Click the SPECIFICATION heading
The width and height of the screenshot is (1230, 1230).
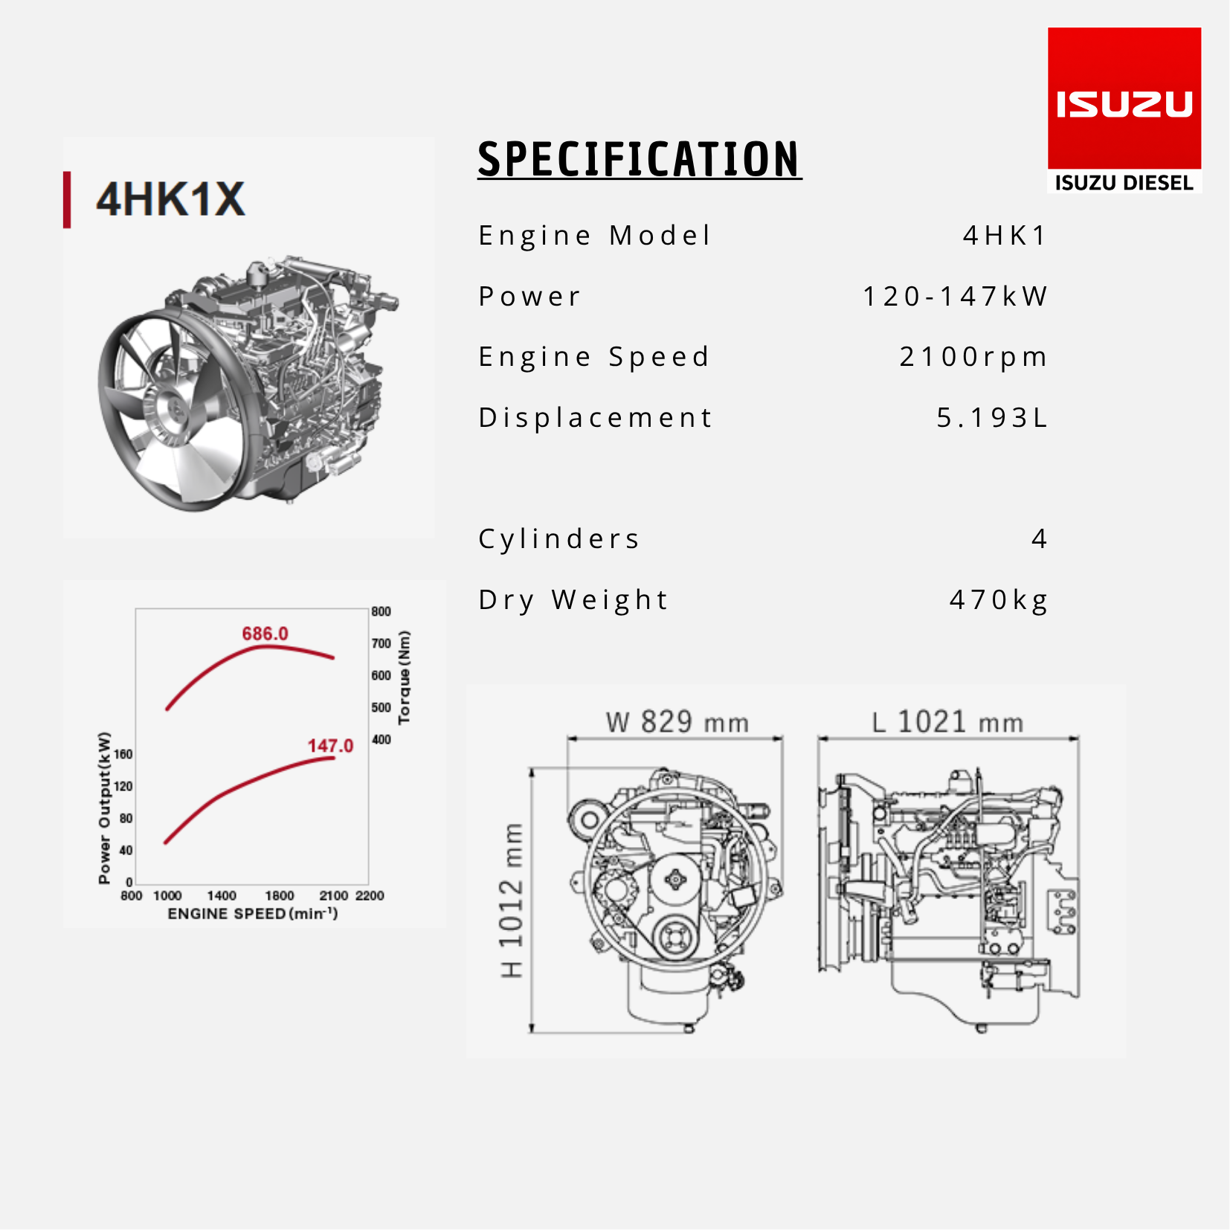(640, 159)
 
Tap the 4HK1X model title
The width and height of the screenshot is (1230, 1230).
(170, 199)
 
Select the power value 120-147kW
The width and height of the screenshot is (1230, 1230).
(955, 296)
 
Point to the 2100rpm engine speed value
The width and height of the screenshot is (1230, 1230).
(973, 357)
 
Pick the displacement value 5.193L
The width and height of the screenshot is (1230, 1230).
(992, 417)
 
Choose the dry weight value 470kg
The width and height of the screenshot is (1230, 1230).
(999, 600)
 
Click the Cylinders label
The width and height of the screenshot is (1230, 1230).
(558, 539)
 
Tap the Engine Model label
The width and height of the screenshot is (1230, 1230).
(595, 236)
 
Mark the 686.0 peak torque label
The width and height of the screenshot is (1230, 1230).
(265, 634)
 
